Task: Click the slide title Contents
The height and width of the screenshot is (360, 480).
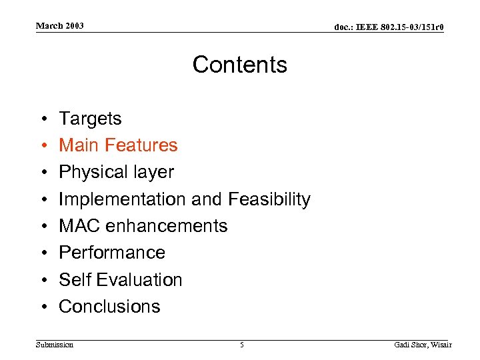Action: coord(239,65)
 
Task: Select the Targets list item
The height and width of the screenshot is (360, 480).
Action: coord(90,119)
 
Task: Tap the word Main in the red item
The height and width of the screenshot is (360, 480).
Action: coord(77,145)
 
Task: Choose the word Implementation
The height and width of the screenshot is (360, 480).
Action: coord(123,199)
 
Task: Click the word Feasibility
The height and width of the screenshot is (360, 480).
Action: coord(269,199)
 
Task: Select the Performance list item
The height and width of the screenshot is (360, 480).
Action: coord(112,253)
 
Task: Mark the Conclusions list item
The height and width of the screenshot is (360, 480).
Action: coord(109,307)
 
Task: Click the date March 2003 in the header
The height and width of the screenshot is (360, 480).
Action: coord(60,26)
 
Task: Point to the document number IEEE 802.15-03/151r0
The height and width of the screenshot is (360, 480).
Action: coord(389,27)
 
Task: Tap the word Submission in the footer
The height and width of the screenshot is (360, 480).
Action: coord(55,345)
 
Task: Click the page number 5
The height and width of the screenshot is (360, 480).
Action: coord(242,345)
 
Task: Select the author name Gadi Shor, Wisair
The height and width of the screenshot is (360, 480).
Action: coord(423,345)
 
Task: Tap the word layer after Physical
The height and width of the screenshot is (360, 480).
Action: coord(153,172)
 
